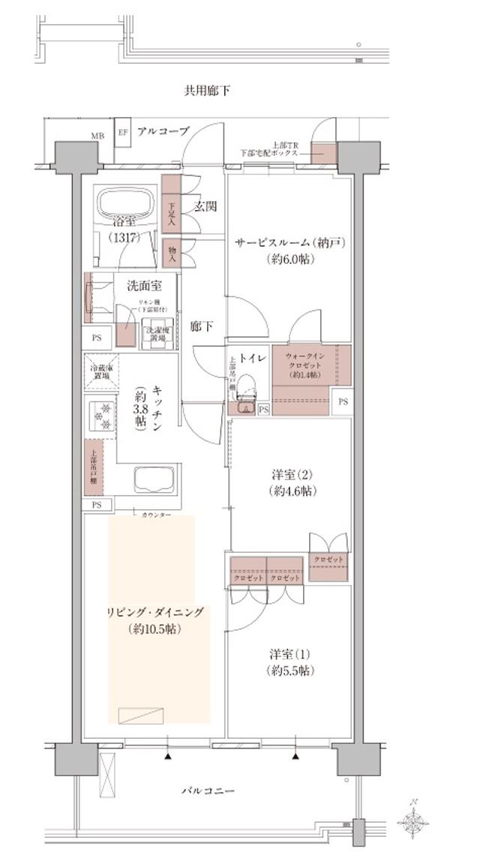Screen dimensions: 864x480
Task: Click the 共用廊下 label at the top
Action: pyautogui.click(x=207, y=91)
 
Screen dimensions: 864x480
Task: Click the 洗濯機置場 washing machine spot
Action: pyautogui.click(x=157, y=334)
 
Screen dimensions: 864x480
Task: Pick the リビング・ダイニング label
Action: pyautogui.click(x=154, y=612)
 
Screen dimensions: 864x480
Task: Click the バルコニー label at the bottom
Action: pyautogui.click(x=208, y=791)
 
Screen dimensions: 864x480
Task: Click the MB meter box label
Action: pyautogui.click(x=97, y=136)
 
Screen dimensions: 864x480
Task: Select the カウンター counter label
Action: pyautogui.click(x=156, y=515)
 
